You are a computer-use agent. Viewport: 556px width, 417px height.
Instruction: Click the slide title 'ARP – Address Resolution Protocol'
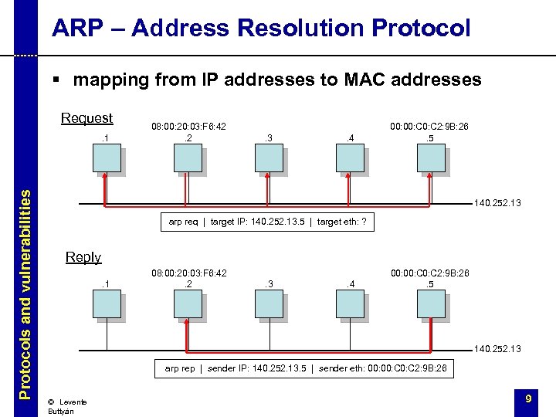[x=261, y=29]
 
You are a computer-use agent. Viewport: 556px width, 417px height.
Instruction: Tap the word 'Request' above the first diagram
[x=86, y=118]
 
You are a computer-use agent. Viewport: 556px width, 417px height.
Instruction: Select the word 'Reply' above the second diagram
[x=83, y=257]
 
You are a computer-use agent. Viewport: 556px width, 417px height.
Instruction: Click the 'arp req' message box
[x=267, y=222]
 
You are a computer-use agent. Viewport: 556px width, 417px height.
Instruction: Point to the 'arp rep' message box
[x=305, y=368]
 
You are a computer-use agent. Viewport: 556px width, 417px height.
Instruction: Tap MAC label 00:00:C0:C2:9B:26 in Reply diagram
[x=429, y=273]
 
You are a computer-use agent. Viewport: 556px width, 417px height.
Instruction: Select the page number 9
[x=528, y=398]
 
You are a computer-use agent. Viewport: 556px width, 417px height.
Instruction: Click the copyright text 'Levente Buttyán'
[x=66, y=406]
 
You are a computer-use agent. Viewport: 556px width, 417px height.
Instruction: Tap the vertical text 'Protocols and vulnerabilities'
[x=25, y=294]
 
